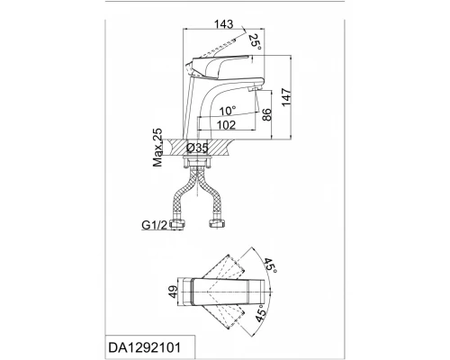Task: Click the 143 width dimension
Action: (x=224, y=24)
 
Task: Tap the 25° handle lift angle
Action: (x=255, y=42)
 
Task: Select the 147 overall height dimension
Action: (x=286, y=97)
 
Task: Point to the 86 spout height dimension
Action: (x=266, y=114)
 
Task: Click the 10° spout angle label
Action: (x=227, y=111)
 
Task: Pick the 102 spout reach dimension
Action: (x=226, y=125)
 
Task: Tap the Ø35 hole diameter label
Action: (x=197, y=148)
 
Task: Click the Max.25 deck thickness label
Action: (x=157, y=148)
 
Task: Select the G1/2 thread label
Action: (x=154, y=225)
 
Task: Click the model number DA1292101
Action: (x=145, y=347)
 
